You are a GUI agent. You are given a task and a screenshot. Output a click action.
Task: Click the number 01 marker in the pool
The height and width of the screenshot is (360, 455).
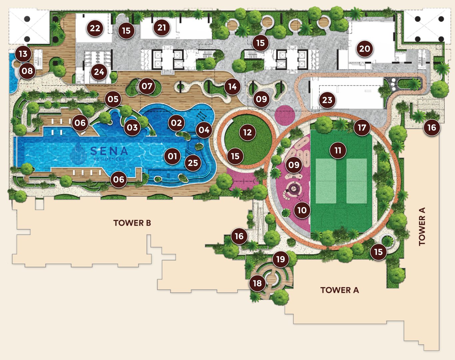coord(172,156)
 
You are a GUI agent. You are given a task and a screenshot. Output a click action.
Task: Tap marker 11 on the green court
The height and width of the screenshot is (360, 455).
coord(338,150)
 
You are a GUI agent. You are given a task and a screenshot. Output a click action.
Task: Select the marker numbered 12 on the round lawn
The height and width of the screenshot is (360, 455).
coord(247,132)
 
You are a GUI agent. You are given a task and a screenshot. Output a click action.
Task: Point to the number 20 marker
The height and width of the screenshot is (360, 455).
coord(364,49)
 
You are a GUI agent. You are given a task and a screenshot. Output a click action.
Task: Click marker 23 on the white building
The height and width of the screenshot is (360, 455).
coord(327,100)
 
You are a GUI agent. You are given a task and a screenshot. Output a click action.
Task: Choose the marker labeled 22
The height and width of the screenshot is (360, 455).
coord(95,28)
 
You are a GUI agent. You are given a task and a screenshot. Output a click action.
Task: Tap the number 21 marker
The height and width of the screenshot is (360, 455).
coord(162,27)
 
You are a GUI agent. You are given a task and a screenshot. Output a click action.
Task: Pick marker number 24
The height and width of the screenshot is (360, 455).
coord(99,72)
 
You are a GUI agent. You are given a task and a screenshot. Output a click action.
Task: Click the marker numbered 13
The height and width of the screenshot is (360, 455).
coord(23,54)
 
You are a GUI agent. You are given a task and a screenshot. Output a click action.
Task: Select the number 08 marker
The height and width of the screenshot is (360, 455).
coord(27,71)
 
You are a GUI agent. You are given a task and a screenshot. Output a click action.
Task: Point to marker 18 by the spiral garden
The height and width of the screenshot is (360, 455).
coord(257,283)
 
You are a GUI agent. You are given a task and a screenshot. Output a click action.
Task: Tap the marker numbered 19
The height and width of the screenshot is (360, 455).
coord(281,259)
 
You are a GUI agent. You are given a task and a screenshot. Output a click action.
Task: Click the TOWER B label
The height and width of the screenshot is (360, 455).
coord(132,223)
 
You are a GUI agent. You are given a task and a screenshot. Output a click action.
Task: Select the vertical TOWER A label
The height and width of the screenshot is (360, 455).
coord(422,226)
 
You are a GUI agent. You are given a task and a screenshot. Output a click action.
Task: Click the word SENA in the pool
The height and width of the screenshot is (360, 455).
coord(109,151)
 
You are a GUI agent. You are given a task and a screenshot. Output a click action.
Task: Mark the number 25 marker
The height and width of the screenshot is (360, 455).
coord(193,163)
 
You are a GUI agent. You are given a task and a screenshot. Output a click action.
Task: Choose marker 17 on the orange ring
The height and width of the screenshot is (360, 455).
coord(362,127)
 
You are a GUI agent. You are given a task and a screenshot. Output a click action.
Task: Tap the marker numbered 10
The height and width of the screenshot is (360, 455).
coord(302,210)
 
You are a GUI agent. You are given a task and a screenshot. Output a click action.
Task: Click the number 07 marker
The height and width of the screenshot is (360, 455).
coord(147,86)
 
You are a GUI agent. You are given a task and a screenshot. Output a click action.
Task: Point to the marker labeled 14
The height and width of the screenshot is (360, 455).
coord(232,87)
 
